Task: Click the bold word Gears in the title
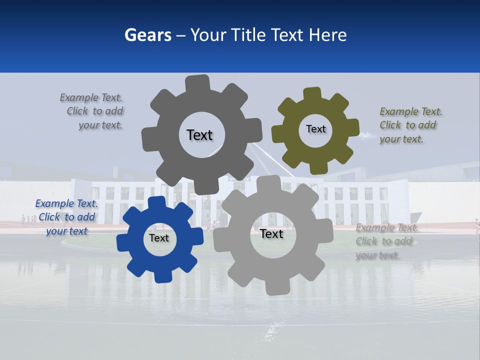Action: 148,35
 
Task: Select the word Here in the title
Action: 327,35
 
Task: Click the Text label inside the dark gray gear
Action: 199,135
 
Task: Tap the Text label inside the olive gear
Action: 315,129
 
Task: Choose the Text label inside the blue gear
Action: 159,238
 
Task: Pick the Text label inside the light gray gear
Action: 271,234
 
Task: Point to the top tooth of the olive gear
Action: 312,94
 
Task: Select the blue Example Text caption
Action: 66,217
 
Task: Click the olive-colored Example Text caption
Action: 410,125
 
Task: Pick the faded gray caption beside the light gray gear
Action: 386,241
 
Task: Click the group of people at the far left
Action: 28,220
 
